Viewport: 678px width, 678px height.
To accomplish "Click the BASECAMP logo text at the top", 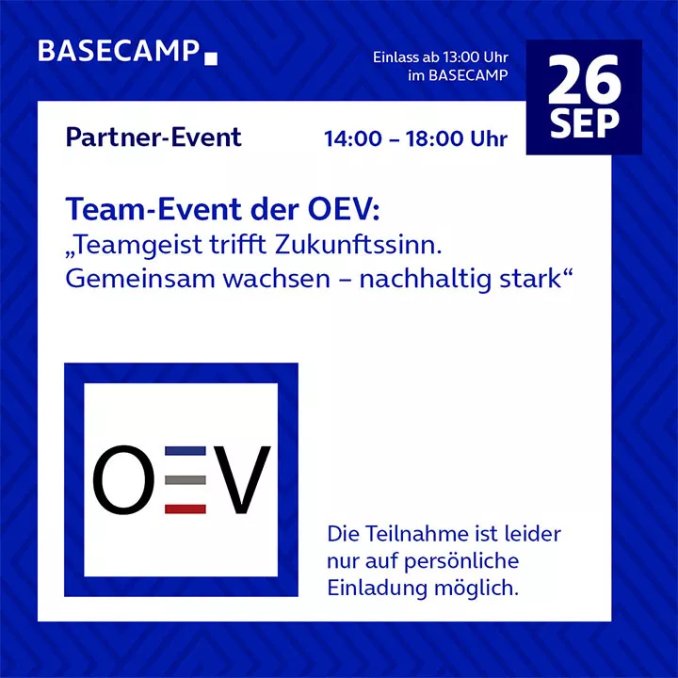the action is click(x=119, y=51).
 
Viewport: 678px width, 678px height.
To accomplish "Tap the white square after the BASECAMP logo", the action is click(x=211, y=58).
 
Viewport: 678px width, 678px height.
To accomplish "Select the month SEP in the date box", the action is click(x=584, y=124).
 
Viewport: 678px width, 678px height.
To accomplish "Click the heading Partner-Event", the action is click(x=153, y=137).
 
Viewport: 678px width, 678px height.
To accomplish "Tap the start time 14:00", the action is click(x=353, y=138).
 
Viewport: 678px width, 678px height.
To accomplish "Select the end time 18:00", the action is click(x=434, y=138).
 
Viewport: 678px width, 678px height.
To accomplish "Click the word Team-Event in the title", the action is click(x=154, y=209).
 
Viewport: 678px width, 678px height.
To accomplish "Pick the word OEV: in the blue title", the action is click(x=344, y=209).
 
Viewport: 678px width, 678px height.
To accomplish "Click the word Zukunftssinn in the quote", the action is click(x=358, y=245).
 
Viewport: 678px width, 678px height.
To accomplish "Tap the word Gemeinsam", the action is click(x=139, y=279).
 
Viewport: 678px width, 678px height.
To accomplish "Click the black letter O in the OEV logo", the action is click(x=123, y=480).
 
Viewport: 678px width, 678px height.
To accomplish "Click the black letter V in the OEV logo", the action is click(x=242, y=480).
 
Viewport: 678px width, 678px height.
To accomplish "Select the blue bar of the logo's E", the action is click(x=186, y=451).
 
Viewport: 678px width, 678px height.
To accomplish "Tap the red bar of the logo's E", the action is click(x=186, y=508).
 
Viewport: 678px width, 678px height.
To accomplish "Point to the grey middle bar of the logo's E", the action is click(x=186, y=480).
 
